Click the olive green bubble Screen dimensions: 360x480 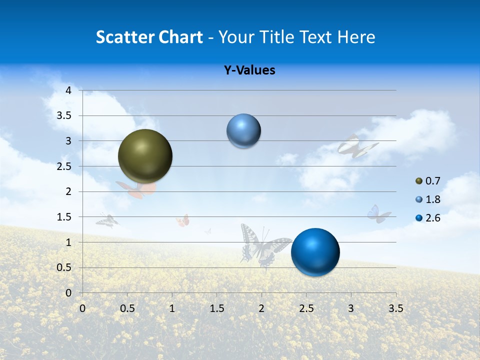pyautogui.click(x=145, y=156)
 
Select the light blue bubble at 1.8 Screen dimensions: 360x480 pyautogui.click(x=243, y=131)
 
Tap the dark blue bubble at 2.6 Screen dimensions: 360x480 pyautogui.click(x=315, y=252)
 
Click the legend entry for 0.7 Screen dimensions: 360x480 pyautogui.click(x=427, y=180)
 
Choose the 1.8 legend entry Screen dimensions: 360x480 pyautogui.click(x=427, y=199)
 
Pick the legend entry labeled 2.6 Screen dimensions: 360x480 pyautogui.click(x=427, y=218)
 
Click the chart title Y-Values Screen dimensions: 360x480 pyautogui.click(x=249, y=70)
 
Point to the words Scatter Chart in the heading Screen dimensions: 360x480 pyautogui.click(x=149, y=37)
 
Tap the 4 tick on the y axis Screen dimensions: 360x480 pyautogui.click(x=68, y=90)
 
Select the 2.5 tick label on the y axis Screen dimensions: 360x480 pyautogui.click(x=64, y=166)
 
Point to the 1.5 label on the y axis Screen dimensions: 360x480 pyautogui.click(x=64, y=217)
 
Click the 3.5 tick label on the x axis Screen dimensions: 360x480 pyautogui.click(x=395, y=308)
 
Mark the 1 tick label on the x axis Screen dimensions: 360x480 pyautogui.click(x=172, y=308)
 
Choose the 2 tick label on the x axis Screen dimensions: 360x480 pyautogui.click(x=261, y=308)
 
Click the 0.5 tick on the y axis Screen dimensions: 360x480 pyautogui.click(x=64, y=267)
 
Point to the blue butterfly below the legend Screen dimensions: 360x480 pyautogui.click(x=378, y=214)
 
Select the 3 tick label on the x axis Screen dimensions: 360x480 pyautogui.click(x=351, y=308)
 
